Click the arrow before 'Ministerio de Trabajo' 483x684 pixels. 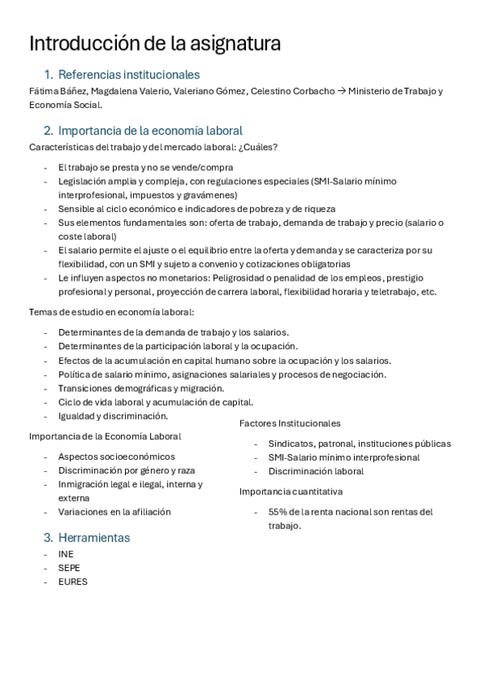pyautogui.click(x=341, y=91)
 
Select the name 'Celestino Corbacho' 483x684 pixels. pyautogui.click(x=293, y=91)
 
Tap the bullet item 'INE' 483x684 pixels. pyautogui.click(x=66, y=554)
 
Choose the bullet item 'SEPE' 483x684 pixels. pyautogui.click(x=69, y=568)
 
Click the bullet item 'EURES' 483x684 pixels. pyautogui.click(x=73, y=582)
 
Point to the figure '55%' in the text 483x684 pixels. pyautogui.click(x=278, y=511)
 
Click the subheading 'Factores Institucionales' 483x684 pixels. pyautogui.click(x=289, y=423)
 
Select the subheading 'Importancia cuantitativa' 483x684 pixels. pyautogui.click(x=290, y=491)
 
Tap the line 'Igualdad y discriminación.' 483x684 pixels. pyautogui.click(x=113, y=416)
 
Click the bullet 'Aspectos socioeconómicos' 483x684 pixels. pyautogui.click(x=116, y=457)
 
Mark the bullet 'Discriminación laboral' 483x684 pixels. pyautogui.click(x=316, y=471)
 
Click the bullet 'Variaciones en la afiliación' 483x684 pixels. pyautogui.click(x=115, y=511)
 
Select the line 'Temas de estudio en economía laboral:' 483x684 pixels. pyautogui.click(x=111, y=312)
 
